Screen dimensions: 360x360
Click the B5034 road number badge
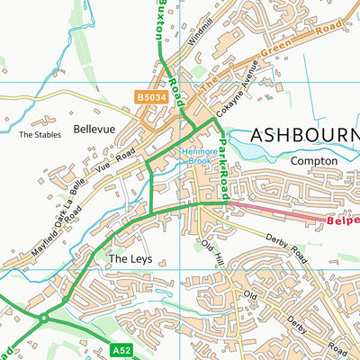(x=152, y=96)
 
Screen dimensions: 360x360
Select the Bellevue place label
(x=95, y=130)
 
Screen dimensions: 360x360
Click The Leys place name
(x=127, y=258)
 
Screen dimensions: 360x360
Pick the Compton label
(x=314, y=160)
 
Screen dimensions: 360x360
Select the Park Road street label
(x=224, y=165)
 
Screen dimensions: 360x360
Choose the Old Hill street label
(x=211, y=251)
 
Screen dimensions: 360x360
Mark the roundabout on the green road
(x=43, y=317)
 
